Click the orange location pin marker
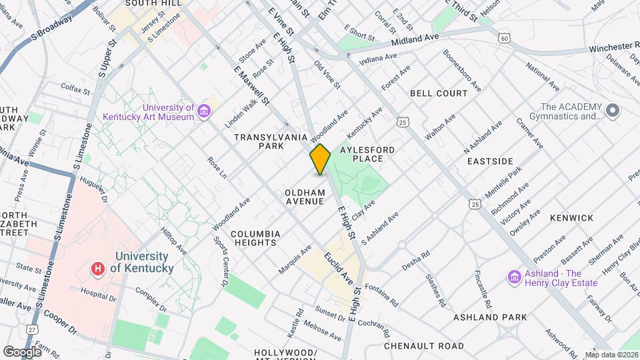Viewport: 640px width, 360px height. pyautogui.click(x=320, y=159)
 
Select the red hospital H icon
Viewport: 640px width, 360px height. pyautogui.click(x=99, y=269)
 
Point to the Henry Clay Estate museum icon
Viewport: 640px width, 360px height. pyautogui.click(x=514, y=277)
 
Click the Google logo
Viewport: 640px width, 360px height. pyautogui.click(x=22, y=351)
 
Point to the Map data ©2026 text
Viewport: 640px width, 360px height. pyautogui.click(x=611, y=355)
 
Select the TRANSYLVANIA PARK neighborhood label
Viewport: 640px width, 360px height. pyautogui.click(x=263, y=141)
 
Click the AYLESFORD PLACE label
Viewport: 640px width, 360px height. pyautogui.click(x=367, y=154)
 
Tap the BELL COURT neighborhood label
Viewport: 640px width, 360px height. pyautogui.click(x=439, y=93)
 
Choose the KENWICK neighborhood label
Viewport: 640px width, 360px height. pyautogui.click(x=571, y=218)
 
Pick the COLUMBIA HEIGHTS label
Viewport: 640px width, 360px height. pyautogui.click(x=254, y=238)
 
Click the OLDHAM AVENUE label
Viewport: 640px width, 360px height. pyautogui.click(x=304, y=197)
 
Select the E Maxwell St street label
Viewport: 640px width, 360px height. pyautogui.click(x=251, y=85)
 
